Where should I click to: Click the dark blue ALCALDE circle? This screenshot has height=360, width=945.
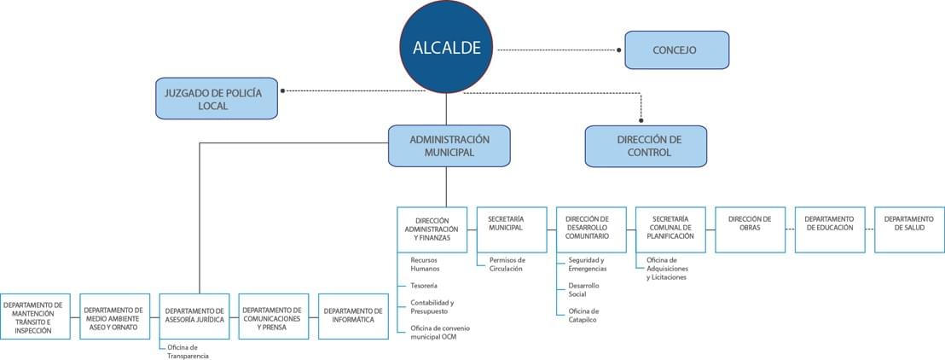pos(446,48)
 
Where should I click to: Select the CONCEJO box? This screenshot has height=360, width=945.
pos(677,50)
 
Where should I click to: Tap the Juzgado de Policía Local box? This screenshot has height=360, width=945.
pos(217,98)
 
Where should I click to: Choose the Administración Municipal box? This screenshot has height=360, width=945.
pos(449,146)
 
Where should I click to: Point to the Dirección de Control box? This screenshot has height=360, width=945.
pos(646,146)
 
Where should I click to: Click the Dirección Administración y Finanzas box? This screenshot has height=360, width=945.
pos(432,229)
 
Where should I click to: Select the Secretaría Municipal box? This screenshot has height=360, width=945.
pos(512,229)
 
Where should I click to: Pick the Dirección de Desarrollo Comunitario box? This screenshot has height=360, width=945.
pos(591,229)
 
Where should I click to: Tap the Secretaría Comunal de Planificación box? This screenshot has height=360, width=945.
pos(670,229)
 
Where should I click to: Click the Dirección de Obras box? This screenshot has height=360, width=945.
pos(751,229)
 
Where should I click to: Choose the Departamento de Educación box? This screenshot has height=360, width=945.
pos(830,229)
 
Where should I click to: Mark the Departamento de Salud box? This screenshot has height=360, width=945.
pos(909,229)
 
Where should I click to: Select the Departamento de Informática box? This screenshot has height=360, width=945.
pos(353,316)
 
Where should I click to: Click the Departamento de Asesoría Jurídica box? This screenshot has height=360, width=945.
pos(194,316)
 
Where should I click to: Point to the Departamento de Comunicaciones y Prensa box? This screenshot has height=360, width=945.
pos(274,316)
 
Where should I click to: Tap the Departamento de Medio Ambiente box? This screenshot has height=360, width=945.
pos(114,316)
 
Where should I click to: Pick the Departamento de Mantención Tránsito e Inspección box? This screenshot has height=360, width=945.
pos(35,316)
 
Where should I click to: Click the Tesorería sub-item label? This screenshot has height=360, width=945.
pos(424,285)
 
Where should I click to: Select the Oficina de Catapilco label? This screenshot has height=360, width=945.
pos(583,316)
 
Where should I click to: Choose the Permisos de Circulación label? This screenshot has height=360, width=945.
pos(507,264)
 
